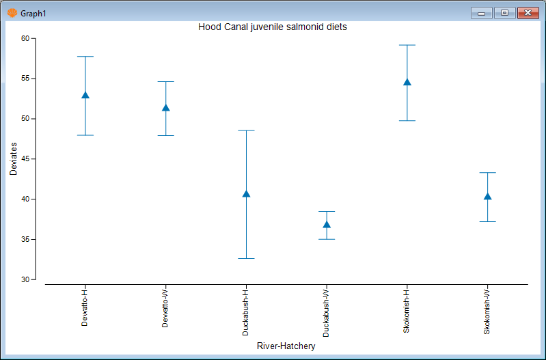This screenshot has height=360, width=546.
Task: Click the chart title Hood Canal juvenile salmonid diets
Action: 273,27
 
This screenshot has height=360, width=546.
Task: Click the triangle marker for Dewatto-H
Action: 85,95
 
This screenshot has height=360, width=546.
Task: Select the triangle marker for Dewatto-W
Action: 165,107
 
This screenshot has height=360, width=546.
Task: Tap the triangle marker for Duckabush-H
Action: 246,194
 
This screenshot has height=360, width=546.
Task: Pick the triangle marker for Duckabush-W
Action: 327,224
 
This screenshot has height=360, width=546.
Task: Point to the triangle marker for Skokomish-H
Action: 407,82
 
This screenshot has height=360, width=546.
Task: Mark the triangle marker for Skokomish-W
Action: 487,197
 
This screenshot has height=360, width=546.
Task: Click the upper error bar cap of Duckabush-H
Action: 246,130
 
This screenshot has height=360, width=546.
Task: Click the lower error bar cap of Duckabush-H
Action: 246,258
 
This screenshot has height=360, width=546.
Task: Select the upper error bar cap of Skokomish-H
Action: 407,45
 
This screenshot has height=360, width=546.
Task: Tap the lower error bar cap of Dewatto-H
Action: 85,135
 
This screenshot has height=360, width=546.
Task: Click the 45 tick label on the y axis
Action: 25,159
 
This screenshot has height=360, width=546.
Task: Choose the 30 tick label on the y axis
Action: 25,280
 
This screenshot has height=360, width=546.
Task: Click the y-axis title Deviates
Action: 13,159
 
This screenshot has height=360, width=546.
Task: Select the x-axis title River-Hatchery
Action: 286,346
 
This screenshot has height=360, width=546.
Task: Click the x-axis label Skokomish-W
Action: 487,311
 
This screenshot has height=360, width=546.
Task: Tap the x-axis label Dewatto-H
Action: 85,308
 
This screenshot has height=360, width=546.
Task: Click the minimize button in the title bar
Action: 481,13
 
